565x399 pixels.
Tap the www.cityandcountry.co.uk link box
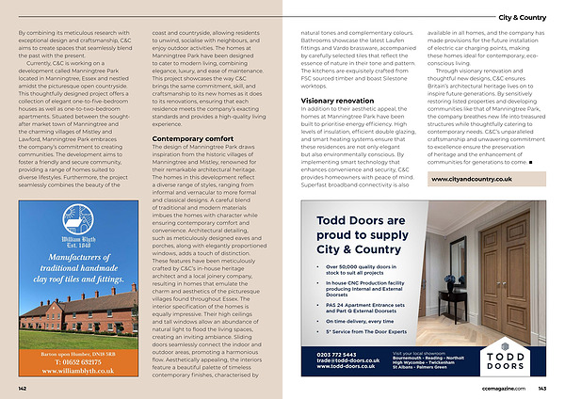click(x=476, y=179)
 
